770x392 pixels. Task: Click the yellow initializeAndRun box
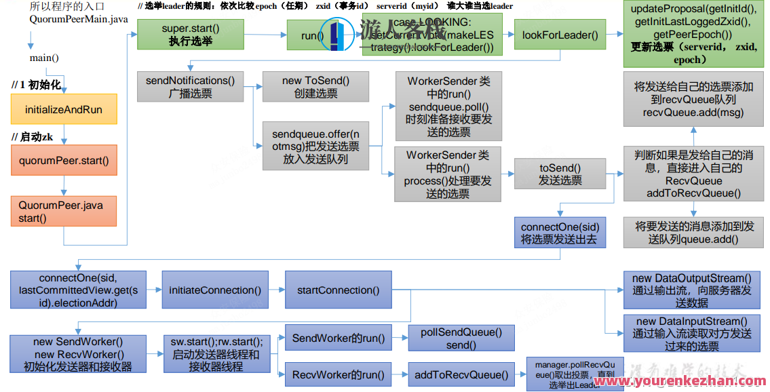64,109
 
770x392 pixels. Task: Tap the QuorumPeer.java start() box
64,211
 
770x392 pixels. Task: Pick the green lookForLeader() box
560,35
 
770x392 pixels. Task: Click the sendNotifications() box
190,87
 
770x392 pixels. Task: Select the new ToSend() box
315,87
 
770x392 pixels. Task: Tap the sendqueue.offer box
315,146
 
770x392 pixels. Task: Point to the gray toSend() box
560,173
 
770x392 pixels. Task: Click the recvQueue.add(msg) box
693,99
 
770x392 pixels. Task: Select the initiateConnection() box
214,290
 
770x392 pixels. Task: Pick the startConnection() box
338,290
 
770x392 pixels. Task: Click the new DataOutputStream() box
691,290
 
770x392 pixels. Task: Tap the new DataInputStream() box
691,333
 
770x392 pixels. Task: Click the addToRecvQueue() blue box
461,374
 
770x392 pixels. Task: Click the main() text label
44,58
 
